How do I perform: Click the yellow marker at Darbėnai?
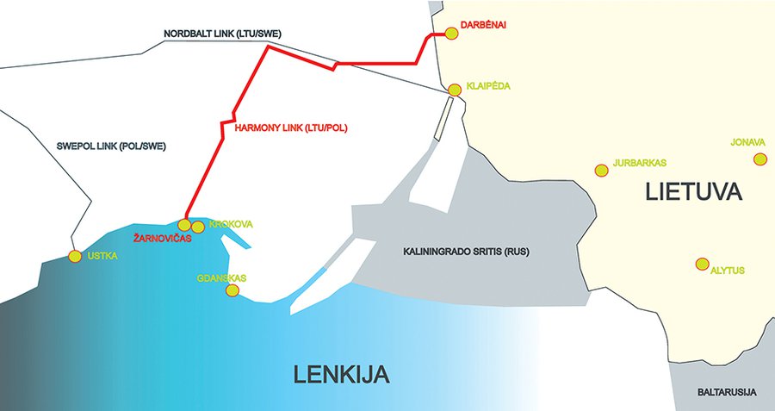(x=450, y=34)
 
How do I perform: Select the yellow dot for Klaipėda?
(x=456, y=89)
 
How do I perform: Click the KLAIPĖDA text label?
(x=488, y=87)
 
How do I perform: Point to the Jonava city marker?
(x=759, y=159)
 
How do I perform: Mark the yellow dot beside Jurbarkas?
(x=601, y=171)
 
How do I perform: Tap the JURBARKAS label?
(x=640, y=162)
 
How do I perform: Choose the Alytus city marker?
(x=703, y=263)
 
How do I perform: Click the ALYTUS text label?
(x=728, y=271)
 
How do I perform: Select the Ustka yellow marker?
(x=74, y=255)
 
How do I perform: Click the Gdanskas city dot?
(x=232, y=290)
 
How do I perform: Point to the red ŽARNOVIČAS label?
(x=161, y=238)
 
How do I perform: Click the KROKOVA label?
(x=231, y=224)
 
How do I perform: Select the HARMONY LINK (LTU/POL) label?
(x=284, y=128)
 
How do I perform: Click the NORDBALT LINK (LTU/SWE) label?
(x=223, y=34)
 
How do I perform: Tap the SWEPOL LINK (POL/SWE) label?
(x=99, y=146)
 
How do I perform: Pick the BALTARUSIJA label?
(x=727, y=392)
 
